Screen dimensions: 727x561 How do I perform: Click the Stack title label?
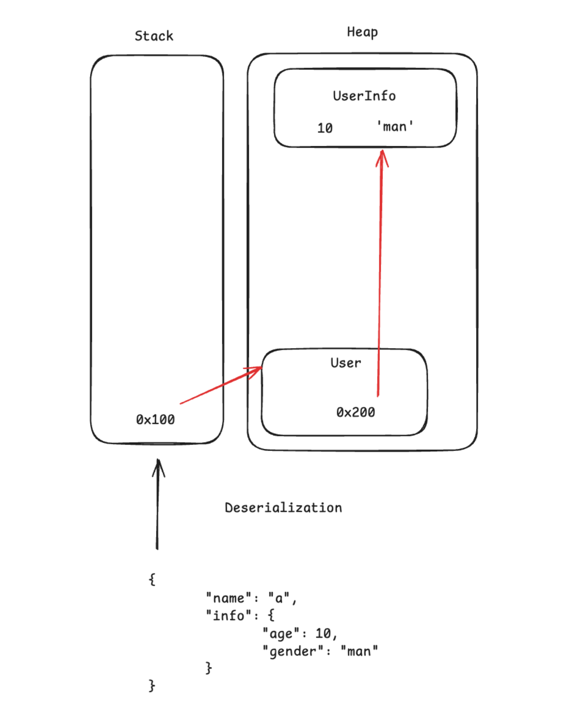pyautogui.click(x=154, y=36)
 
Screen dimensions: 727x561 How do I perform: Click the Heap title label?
pyautogui.click(x=362, y=32)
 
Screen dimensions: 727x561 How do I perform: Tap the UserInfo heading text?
pyautogui.click(x=364, y=96)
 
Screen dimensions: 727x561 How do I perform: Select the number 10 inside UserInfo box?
pyautogui.click(x=325, y=128)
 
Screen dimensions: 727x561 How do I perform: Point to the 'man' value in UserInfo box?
pyautogui.click(x=395, y=126)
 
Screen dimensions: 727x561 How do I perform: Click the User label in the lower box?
pyautogui.click(x=345, y=363)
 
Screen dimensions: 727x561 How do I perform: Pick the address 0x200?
pyautogui.click(x=355, y=412)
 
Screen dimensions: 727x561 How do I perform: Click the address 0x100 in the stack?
pyautogui.click(x=155, y=419)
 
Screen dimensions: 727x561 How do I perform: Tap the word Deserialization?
pyautogui.click(x=283, y=508)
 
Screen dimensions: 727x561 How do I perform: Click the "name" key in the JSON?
pyautogui.click(x=228, y=598)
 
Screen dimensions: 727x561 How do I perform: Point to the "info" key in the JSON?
pyautogui.click(x=228, y=616)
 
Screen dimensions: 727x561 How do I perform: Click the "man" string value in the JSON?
pyautogui.click(x=359, y=651)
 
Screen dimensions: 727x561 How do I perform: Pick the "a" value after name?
pyautogui.click(x=278, y=598)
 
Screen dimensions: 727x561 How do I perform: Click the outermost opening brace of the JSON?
pyautogui.click(x=152, y=579)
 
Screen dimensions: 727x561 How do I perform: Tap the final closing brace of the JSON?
pyautogui.click(x=152, y=685)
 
